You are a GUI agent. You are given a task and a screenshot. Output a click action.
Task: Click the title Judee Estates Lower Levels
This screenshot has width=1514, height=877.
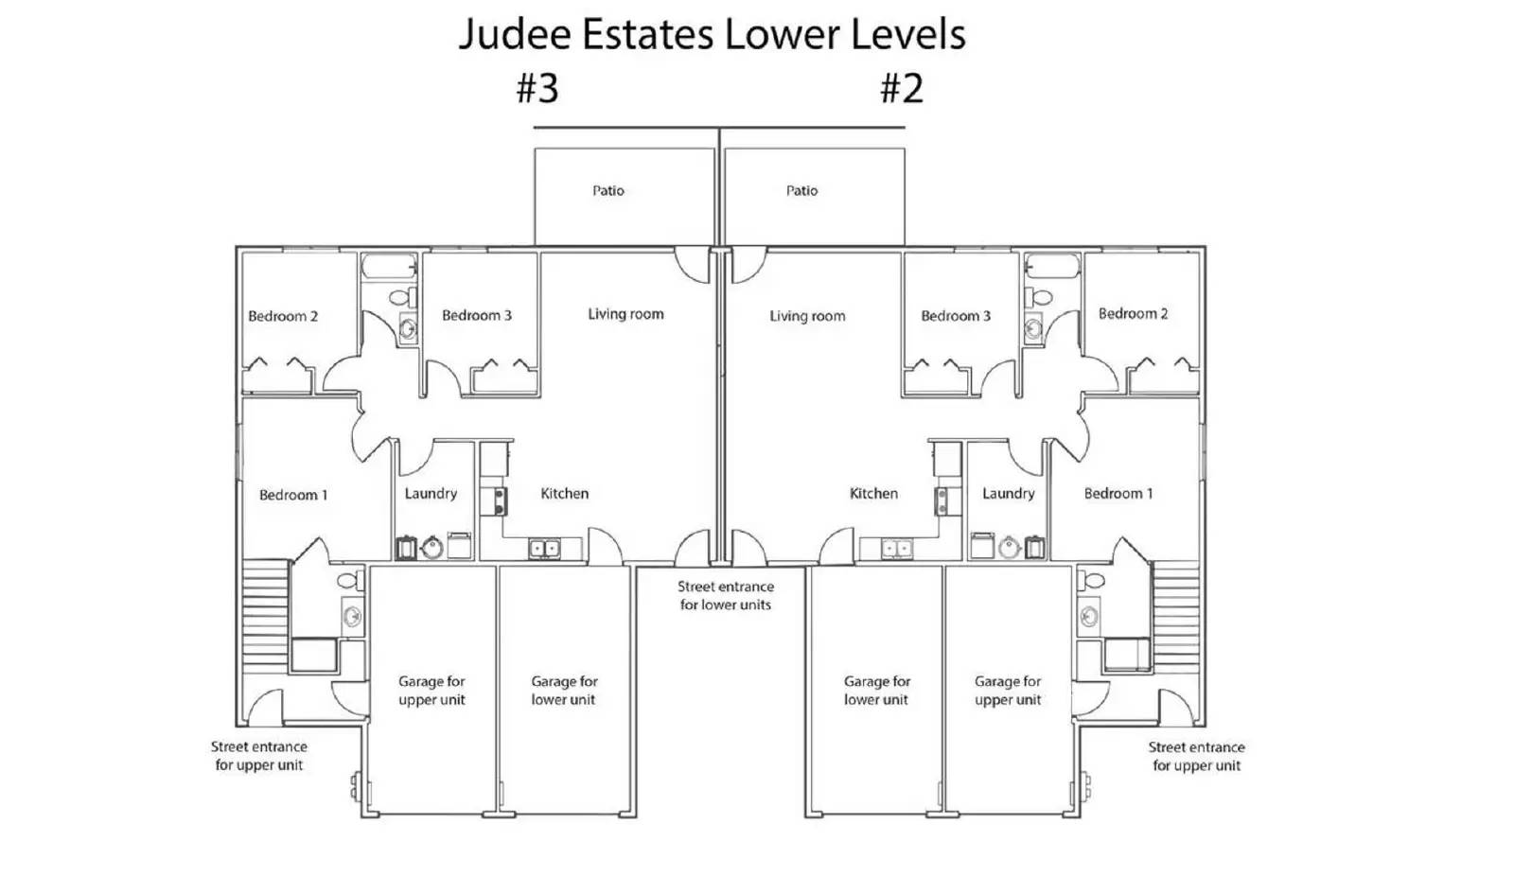pyautogui.click(x=713, y=34)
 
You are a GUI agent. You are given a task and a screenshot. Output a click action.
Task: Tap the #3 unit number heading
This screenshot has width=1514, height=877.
pyautogui.click(x=537, y=88)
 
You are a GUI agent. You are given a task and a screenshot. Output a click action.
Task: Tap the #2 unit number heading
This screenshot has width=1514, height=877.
pyautogui.click(x=902, y=88)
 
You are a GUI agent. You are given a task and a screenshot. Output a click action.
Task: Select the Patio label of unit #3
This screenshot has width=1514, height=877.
pyautogui.click(x=608, y=190)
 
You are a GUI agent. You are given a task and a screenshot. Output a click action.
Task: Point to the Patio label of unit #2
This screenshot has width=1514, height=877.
pyautogui.click(x=801, y=190)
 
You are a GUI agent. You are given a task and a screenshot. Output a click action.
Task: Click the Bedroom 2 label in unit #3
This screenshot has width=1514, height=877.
pyautogui.click(x=283, y=316)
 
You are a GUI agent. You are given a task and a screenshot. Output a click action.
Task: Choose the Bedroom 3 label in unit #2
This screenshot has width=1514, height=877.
pyautogui.click(x=956, y=316)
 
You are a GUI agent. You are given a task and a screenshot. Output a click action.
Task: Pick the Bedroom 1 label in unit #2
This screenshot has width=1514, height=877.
pyautogui.click(x=1118, y=493)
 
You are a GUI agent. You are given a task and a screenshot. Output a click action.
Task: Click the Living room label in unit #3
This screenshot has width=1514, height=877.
pyautogui.click(x=625, y=314)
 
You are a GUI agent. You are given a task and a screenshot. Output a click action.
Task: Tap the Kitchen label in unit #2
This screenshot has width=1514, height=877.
pyautogui.click(x=874, y=493)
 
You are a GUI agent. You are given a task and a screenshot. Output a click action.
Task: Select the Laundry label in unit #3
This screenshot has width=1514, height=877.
pyautogui.click(x=431, y=494)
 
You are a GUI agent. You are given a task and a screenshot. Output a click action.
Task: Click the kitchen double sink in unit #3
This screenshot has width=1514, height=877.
pyautogui.click(x=544, y=548)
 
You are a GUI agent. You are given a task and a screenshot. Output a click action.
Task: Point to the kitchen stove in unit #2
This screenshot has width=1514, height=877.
pyautogui.click(x=941, y=500)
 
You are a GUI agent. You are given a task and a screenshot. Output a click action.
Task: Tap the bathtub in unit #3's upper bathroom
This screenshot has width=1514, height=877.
pyautogui.click(x=389, y=266)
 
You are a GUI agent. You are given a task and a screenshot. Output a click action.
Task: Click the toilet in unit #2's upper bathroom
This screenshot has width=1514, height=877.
pyautogui.click(x=1039, y=297)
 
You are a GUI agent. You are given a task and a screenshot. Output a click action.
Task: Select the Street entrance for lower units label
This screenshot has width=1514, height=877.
pyautogui.click(x=726, y=596)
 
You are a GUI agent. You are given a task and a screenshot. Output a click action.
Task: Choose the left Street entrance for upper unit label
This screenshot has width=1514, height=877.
pyautogui.click(x=259, y=756)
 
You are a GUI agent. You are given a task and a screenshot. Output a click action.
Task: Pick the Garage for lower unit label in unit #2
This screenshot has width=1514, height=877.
pyautogui.click(x=876, y=691)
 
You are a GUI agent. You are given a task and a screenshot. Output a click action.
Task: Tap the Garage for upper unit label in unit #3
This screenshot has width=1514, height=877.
pyautogui.click(x=431, y=691)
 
